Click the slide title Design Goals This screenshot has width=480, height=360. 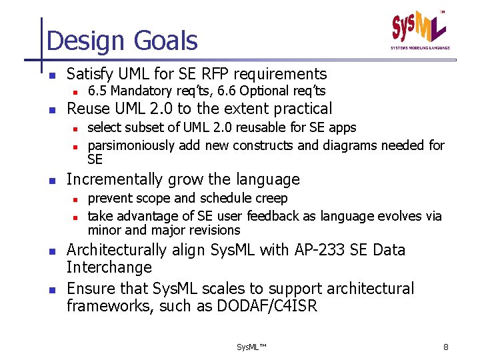[x=122, y=41]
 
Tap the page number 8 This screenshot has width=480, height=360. [x=446, y=347]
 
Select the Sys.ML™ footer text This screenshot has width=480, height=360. [x=251, y=347]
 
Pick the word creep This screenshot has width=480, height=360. [x=273, y=198]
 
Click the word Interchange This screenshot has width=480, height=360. [x=109, y=267]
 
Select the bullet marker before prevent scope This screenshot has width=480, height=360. [x=76, y=199]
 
